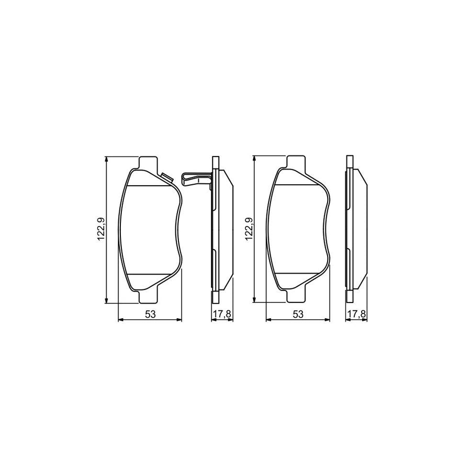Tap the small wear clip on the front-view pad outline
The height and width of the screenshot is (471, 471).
[168, 178]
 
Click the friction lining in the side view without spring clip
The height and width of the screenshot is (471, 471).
[360, 230]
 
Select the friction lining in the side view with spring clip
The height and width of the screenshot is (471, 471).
[226, 230]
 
